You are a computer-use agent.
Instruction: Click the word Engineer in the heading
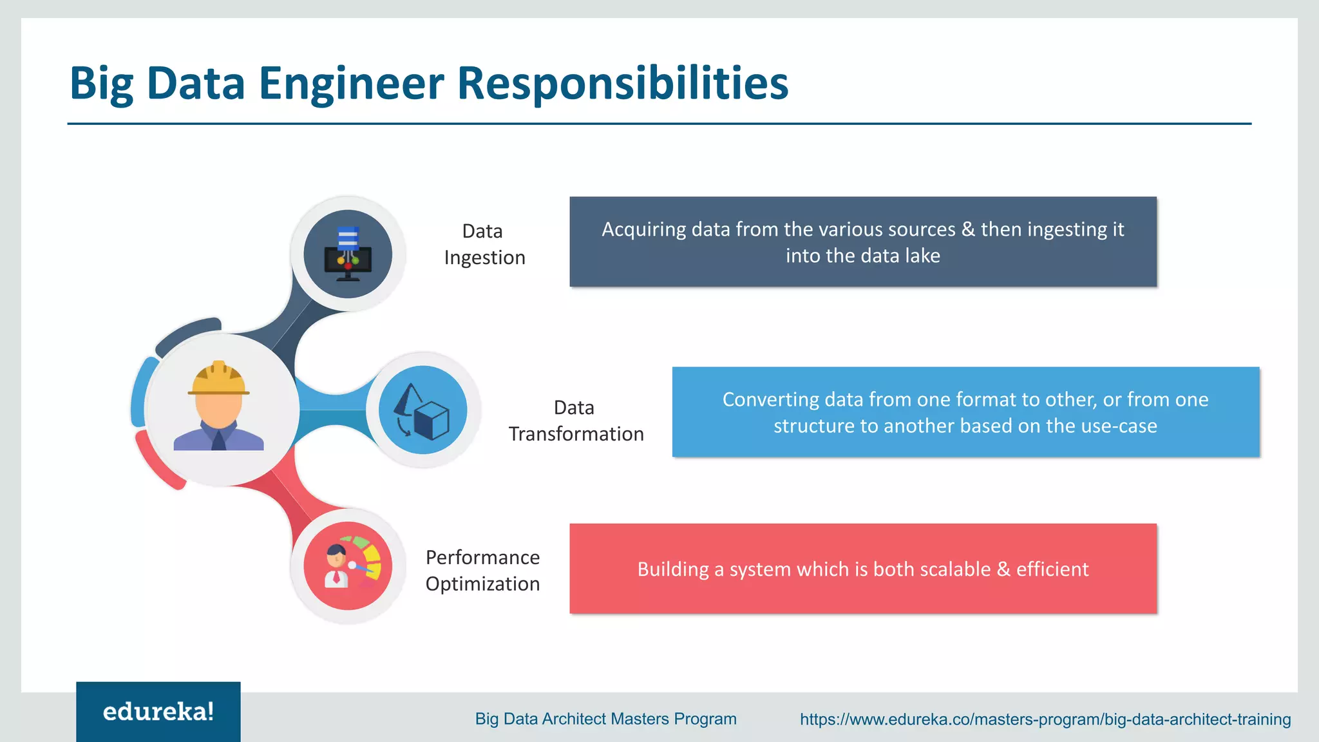351,84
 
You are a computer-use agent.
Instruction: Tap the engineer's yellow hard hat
218,378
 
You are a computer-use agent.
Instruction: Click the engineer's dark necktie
218,441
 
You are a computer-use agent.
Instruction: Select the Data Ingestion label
484,244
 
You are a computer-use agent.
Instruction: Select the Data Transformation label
576,421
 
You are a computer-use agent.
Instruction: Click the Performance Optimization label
482,570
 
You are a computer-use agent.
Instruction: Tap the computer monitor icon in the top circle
348,261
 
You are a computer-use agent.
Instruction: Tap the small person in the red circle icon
336,566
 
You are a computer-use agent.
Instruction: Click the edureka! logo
158,712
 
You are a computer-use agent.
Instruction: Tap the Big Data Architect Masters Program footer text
605,719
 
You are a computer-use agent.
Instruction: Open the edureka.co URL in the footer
1045,719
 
